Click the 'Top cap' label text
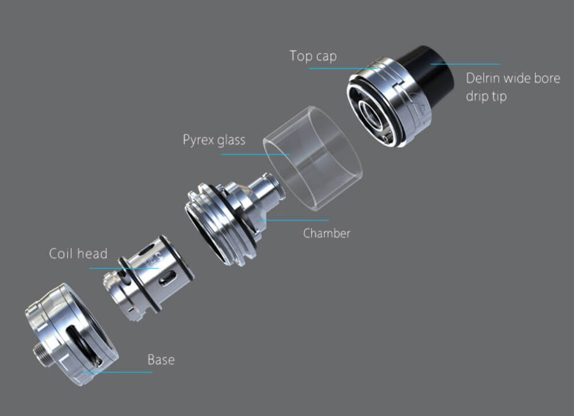pyautogui.click(x=313, y=56)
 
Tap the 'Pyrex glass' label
pyautogui.click(x=214, y=140)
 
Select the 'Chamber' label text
pyautogui.click(x=327, y=234)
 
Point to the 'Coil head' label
pyautogui.click(x=78, y=254)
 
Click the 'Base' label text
pyautogui.click(x=161, y=360)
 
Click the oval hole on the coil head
pyautogui.click(x=168, y=279)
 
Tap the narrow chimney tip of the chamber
pyautogui.click(x=270, y=186)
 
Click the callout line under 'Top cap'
pyautogui.click(x=344, y=69)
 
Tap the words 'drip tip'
pyautogui.click(x=486, y=96)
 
